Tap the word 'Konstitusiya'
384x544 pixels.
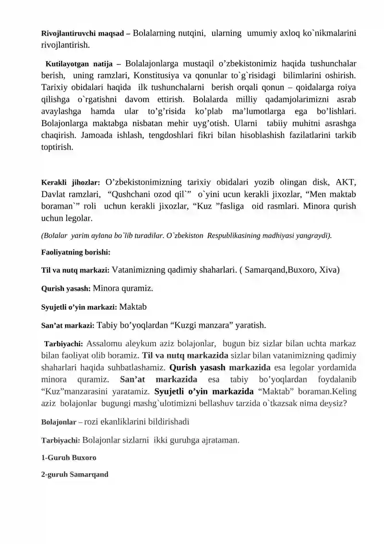(157, 76)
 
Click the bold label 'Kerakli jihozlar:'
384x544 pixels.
(71, 183)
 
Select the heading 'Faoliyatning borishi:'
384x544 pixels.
(76, 252)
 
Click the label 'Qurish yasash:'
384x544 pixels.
(66, 289)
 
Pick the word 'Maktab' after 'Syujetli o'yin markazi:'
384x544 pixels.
(133, 306)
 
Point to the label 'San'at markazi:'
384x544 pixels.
(68, 326)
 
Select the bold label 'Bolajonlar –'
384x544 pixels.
(62, 422)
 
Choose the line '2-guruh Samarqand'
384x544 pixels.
(74, 474)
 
